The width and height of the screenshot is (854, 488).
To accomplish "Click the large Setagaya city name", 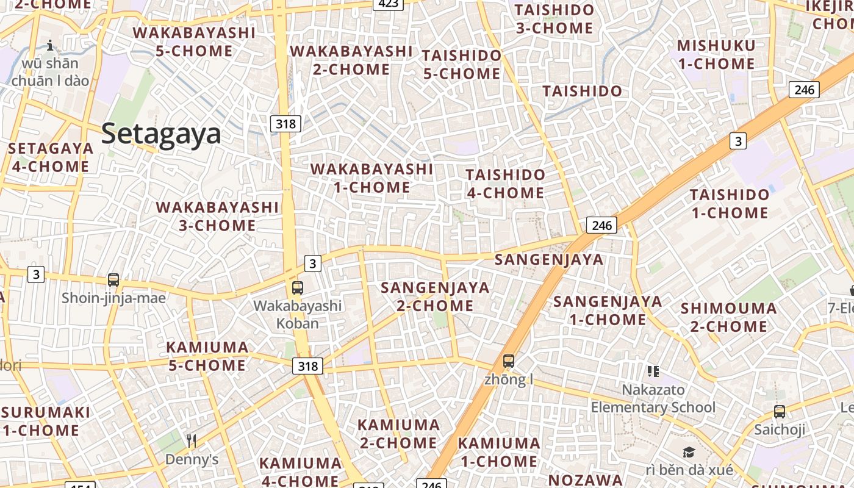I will pyautogui.click(x=161, y=134).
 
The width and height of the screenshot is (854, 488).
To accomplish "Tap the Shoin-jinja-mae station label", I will pyautogui.click(x=113, y=298).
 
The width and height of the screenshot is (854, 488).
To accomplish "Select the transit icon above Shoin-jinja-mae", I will pyautogui.click(x=113, y=280).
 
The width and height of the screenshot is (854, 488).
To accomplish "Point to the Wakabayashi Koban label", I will pyautogui.click(x=298, y=314).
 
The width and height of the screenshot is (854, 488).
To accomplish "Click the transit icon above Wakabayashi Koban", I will pyautogui.click(x=298, y=287).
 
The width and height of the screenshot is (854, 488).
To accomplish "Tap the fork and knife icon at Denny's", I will pyautogui.click(x=192, y=440).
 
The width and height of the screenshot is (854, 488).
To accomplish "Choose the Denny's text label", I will pyautogui.click(x=192, y=459).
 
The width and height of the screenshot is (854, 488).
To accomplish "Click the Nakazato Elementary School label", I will pyautogui.click(x=653, y=398).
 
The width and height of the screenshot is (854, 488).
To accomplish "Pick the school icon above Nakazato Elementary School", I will pyautogui.click(x=653, y=371).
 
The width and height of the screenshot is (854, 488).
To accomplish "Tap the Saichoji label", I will pyautogui.click(x=780, y=429).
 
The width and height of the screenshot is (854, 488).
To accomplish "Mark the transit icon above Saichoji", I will pyautogui.click(x=780, y=411).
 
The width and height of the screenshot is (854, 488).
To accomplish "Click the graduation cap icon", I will pyautogui.click(x=689, y=452).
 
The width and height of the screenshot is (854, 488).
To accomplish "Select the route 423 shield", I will pyautogui.click(x=388, y=4).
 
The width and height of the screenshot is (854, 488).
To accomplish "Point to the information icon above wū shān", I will pyautogui.click(x=50, y=45).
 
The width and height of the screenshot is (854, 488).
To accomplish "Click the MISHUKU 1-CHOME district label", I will pyautogui.click(x=716, y=55).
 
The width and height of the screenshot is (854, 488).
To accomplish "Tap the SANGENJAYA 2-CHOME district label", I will pyautogui.click(x=435, y=296).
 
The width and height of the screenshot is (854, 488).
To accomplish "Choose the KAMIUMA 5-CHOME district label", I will pyautogui.click(x=207, y=357).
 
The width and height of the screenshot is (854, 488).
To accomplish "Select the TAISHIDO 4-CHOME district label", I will pyautogui.click(x=505, y=184).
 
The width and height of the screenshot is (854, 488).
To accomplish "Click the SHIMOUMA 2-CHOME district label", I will pyautogui.click(x=729, y=317).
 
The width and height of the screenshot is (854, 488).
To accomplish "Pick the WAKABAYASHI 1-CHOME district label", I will pyautogui.click(x=372, y=178).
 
